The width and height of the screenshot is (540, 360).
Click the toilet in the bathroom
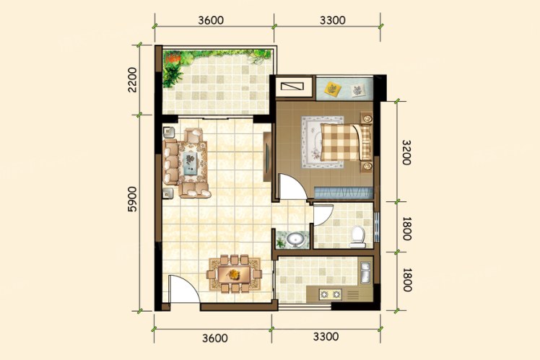[357, 237]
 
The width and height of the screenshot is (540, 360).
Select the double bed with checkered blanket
[346, 142]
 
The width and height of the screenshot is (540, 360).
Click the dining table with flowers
[234, 274]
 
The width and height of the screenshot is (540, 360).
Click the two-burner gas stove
[330, 294]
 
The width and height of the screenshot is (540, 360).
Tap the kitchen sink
[365, 272]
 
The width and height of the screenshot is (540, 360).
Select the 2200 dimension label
[132, 80]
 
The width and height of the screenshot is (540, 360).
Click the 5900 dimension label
[132, 199]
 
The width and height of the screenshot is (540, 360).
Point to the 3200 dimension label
[406, 152]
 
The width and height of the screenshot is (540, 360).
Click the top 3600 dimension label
[211, 20]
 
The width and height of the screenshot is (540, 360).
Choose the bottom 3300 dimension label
[326, 336]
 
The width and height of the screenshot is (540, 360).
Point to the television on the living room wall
[267, 157]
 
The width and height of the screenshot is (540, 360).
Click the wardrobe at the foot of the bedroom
[344, 193]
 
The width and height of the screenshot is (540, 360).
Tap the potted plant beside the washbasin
[281, 242]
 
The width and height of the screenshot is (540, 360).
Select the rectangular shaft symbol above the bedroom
[292, 86]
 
